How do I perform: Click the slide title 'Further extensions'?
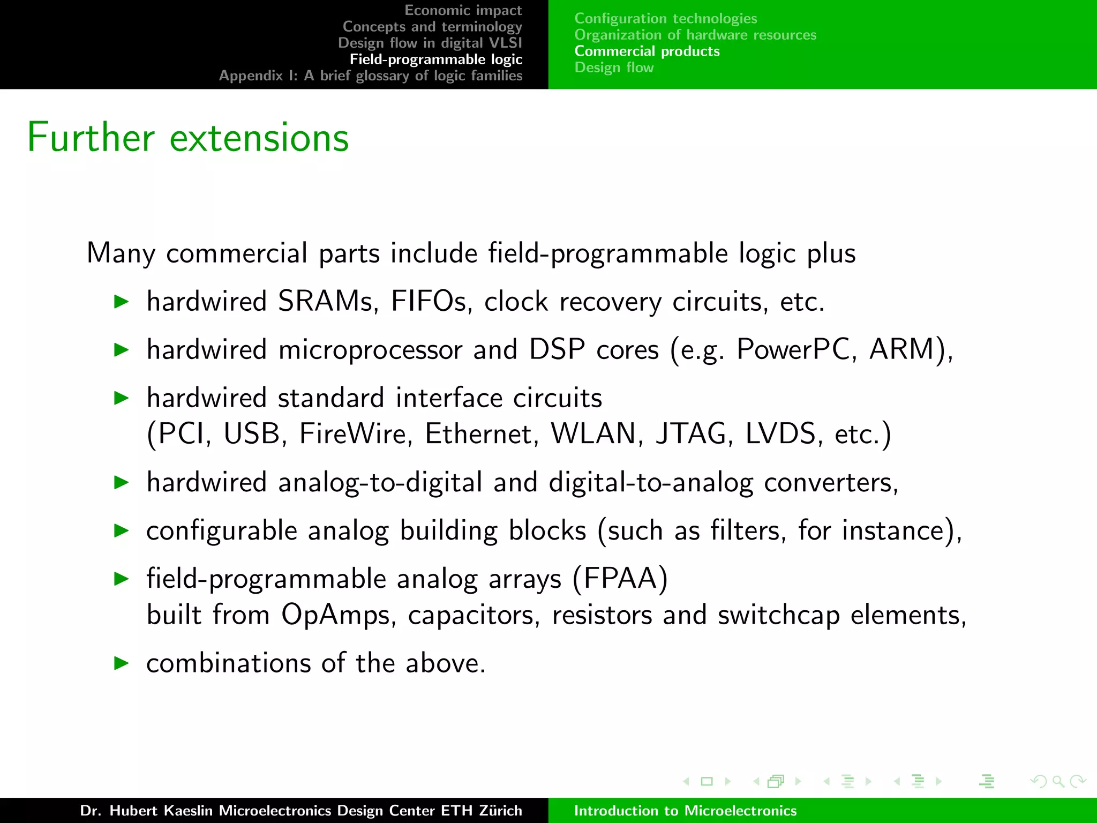point(187,138)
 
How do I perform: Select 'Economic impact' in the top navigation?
point(463,10)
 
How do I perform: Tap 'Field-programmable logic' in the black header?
point(435,59)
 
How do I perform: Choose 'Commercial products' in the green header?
point(647,51)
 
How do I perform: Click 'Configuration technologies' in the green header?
point(665,18)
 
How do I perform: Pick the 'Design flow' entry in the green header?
point(614,68)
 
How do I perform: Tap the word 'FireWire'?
point(356,433)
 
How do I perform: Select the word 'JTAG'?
point(694,433)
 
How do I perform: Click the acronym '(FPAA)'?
point(620,579)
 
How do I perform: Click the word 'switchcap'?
point(778,615)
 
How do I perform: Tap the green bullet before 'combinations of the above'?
point(122,663)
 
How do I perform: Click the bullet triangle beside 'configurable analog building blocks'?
point(122,530)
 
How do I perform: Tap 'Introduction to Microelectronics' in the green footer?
point(685,811)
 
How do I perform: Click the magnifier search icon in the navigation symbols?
point(1058,781)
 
